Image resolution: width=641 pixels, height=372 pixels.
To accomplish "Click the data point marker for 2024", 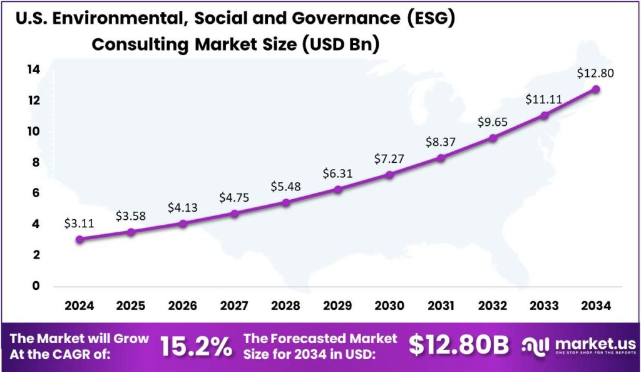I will pos(79,239).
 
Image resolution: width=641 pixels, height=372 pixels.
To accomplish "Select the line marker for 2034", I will pos(596,89).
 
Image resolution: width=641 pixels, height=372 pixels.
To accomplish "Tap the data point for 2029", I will pos(338,189).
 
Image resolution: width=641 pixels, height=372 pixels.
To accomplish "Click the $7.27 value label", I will pos(389,159).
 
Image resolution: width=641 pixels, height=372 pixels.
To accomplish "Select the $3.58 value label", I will pos(131,216).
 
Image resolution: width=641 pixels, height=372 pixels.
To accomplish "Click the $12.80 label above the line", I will pos(596,73).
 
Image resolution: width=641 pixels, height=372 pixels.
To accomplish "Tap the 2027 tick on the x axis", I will pos(234,305).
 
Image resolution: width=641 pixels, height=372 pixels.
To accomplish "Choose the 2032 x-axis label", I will pos(493,305).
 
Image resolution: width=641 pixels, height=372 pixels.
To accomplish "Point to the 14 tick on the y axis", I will pos(33,70).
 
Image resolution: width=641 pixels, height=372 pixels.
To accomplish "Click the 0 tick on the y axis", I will pos(36,286).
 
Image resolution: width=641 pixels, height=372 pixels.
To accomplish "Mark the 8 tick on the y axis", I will pos(36,162).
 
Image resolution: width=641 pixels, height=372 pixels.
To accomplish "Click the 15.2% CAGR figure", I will pos(196,346).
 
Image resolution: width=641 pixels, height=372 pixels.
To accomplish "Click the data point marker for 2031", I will pos(441,158).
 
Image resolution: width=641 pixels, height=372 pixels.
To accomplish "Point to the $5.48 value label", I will pos(286,187).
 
